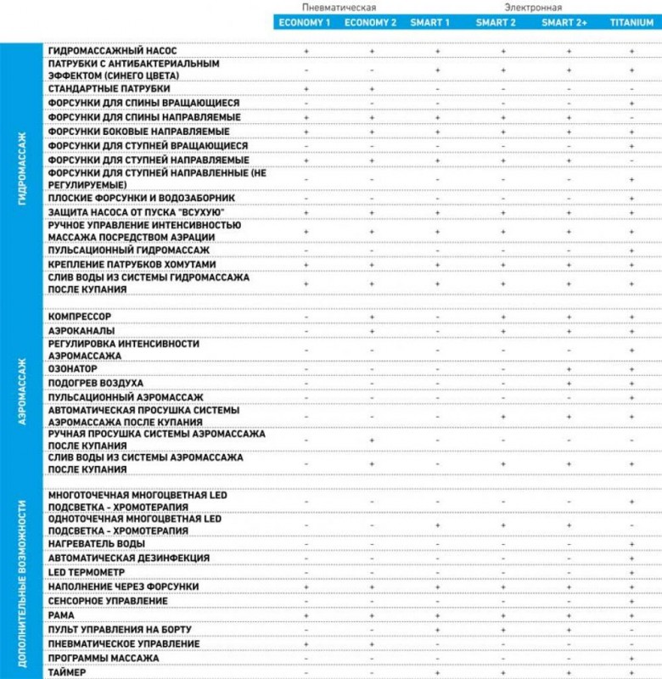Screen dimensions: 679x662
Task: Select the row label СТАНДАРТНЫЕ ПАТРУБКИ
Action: pos(109,88)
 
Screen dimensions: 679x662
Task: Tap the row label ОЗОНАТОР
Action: pos(73,369)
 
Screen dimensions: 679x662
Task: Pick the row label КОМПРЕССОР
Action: pos(80,316)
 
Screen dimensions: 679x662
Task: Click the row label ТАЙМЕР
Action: pos(69,672)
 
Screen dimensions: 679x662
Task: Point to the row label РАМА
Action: pos(62,614)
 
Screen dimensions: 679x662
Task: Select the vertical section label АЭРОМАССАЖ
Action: pos(21,390)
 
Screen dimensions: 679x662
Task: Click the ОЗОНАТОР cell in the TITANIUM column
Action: pos(632,369)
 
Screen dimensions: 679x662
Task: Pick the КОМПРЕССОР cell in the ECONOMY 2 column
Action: pos(372,316)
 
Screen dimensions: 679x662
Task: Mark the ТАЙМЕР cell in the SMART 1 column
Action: pos(437,672)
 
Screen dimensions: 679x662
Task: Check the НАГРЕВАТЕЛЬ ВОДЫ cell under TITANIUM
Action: pos(632,543)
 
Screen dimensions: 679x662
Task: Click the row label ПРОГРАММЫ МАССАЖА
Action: pos(104,658)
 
